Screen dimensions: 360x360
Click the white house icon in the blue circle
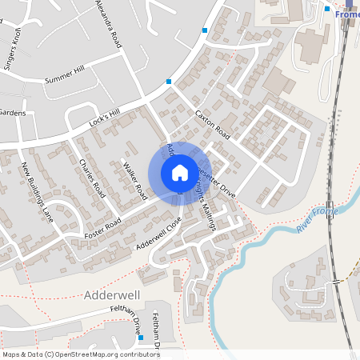pyautogui.click(x=179, y=172)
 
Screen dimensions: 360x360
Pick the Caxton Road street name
pyautogui.click(x=213, y=124)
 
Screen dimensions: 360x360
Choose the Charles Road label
pyautogui.click(x=93, y=178)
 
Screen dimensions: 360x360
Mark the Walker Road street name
pyautogui.click(x=135, y=182)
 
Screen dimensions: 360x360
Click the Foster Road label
pyautogui.click(x=102, y=227)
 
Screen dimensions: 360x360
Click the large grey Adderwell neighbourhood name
pyautogui.click(x=113, y=295)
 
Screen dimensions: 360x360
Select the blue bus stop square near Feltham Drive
pyautogui.click(x=140, y=337)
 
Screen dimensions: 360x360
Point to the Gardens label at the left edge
pyautogui.click(x=13, y=113)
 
